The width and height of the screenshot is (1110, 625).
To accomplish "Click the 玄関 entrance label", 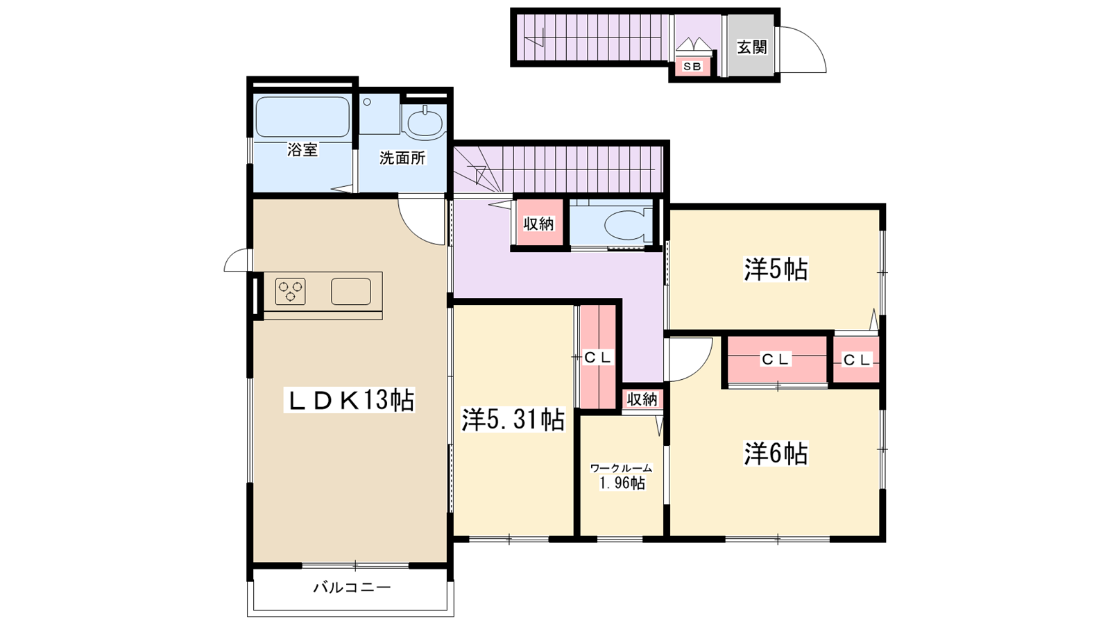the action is (752, 47).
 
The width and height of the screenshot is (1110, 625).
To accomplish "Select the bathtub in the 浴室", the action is (302, 117).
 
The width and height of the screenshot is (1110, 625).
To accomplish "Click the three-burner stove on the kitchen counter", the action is (291, 291).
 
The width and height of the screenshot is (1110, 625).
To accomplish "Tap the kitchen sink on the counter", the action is (351, 291).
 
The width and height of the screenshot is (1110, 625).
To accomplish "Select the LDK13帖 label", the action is (350, 400).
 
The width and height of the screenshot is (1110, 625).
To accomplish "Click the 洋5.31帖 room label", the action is (513, 419).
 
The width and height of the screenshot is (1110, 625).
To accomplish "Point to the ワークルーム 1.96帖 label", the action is (622, 476).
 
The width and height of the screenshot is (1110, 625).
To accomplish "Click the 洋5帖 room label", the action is (776, 269).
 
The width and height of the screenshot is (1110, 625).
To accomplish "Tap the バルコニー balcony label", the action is (352, 587).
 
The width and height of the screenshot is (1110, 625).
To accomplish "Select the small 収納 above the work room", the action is (642, 399).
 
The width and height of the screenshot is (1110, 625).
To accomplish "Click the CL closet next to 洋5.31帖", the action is (598, 357).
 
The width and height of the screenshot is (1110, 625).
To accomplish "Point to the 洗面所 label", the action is (402, 158).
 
